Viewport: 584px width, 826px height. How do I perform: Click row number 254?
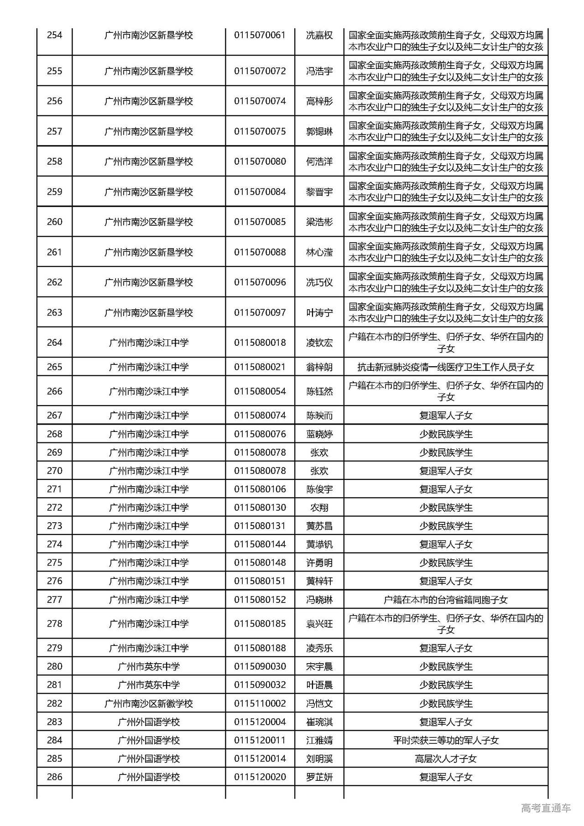54,35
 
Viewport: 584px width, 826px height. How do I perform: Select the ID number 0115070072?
260,71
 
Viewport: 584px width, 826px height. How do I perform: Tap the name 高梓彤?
319,101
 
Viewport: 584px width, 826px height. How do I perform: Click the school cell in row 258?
149,161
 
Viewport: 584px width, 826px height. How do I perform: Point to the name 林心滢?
319,252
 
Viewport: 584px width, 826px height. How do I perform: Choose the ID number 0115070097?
260,312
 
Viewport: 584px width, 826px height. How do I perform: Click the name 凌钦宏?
319,343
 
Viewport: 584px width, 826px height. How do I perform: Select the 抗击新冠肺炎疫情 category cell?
445,367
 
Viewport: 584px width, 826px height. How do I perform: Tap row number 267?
54,416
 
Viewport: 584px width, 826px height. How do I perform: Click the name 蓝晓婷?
319,434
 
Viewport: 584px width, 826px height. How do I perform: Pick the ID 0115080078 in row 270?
260,471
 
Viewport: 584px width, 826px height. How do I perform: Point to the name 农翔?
319,508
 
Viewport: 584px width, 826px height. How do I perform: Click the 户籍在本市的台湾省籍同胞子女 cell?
445,600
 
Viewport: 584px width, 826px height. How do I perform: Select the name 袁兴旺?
319,624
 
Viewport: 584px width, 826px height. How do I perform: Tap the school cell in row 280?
149,666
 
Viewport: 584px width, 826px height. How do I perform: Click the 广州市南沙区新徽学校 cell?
149,703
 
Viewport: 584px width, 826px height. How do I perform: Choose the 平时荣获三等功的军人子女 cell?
445,740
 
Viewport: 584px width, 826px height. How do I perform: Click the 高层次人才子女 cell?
445,758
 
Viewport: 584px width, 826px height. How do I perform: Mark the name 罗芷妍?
319,777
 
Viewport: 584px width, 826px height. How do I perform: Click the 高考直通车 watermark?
546,808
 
